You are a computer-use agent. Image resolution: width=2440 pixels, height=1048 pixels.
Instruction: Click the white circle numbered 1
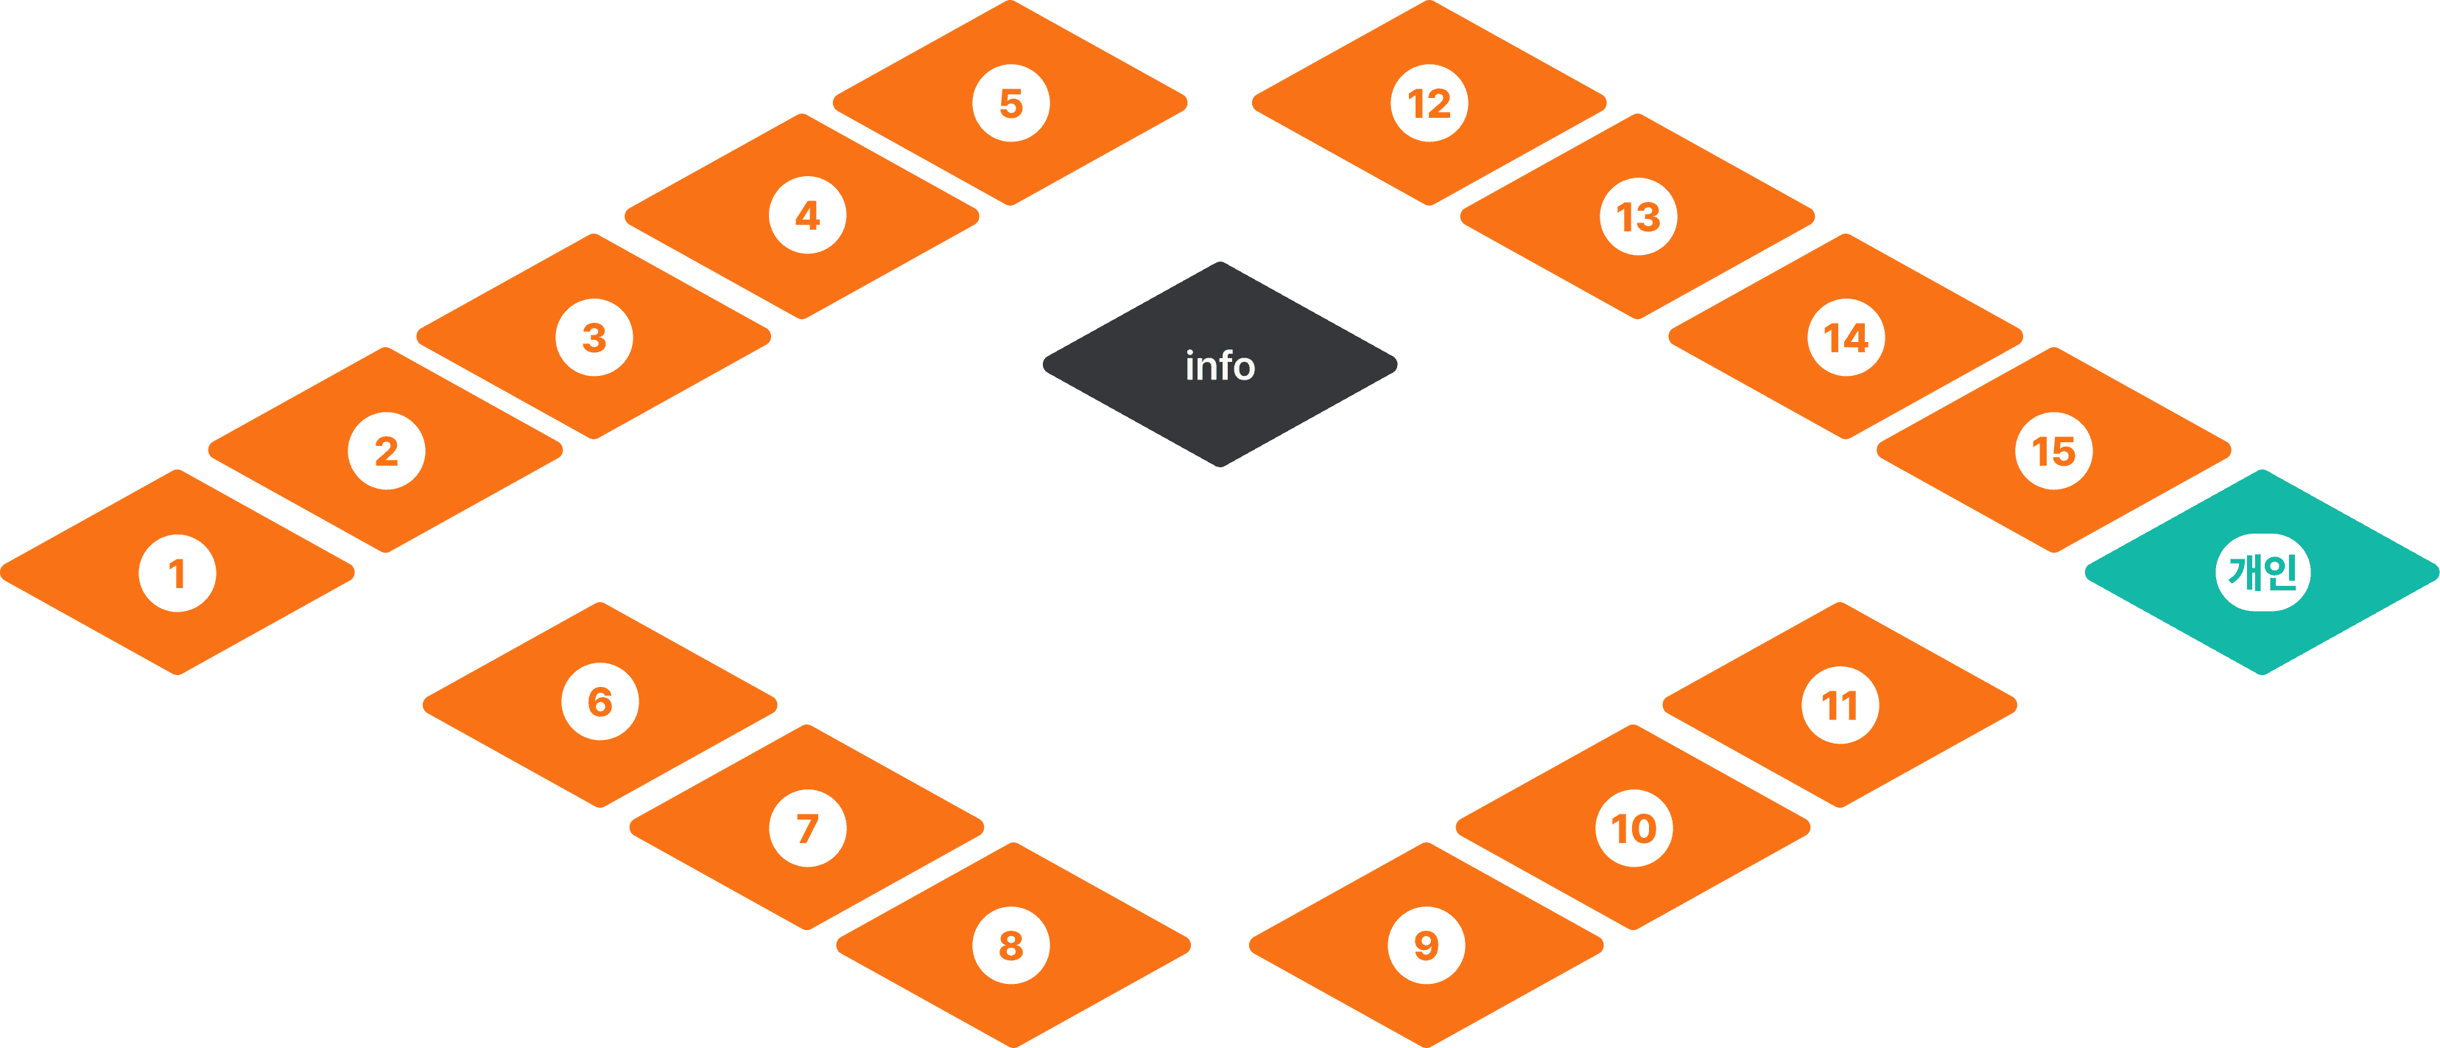[177, 573]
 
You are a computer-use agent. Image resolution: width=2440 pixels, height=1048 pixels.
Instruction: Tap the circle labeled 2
[387, 451]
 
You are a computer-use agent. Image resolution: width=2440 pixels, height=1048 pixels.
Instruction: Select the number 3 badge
[594, 338]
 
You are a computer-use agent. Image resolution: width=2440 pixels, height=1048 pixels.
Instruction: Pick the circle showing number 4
[807, 215]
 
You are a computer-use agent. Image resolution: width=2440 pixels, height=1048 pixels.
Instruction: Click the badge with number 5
[1010, 103]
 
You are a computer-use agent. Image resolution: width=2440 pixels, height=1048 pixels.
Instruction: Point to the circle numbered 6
[600, 702]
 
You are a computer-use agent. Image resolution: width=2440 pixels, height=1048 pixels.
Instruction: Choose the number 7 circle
[807, 828]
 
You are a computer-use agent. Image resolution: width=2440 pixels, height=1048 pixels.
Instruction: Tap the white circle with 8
[1010, 945]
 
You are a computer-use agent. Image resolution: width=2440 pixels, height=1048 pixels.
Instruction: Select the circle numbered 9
[1426, 945]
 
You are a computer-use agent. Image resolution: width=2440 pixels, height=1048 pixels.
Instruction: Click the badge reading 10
[1634, 828]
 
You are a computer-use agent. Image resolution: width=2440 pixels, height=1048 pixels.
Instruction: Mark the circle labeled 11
[1840, 705]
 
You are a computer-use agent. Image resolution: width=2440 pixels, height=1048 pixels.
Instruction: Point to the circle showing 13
[1638, 217]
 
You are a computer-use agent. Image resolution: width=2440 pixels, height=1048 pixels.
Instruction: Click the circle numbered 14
[1845, 338]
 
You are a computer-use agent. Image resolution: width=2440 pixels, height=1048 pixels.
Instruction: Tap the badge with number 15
[2053, 451]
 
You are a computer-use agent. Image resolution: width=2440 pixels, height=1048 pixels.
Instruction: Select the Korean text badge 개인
[2263, 573]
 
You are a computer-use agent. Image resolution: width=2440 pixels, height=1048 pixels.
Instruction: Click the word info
[1220, 366]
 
